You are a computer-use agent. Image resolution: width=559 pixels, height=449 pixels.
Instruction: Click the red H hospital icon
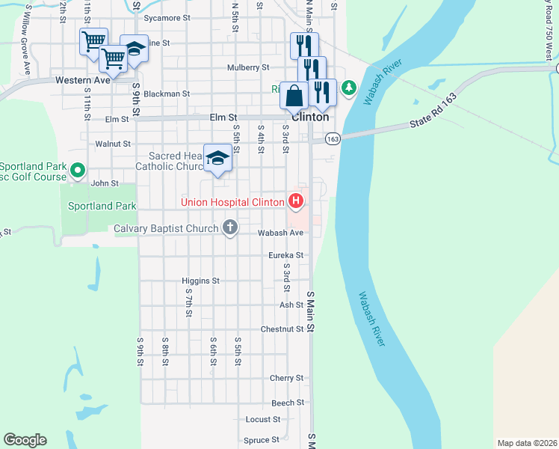coord(296,201)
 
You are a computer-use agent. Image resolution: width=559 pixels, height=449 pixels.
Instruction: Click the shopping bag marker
coord(294,96)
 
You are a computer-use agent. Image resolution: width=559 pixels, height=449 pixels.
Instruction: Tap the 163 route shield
coord(333,139)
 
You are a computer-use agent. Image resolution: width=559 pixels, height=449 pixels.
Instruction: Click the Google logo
coord(25,440)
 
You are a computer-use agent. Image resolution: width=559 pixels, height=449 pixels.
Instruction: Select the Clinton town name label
coord(309,117)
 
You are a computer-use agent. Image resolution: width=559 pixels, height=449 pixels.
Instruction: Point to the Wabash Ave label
coord(280,233)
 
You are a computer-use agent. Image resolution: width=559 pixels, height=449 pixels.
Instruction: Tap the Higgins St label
coord(200,281)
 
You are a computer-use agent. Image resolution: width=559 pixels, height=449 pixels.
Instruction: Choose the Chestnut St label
coord(282,329)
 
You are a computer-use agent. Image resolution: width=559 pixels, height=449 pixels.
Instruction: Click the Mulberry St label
coord(248,67)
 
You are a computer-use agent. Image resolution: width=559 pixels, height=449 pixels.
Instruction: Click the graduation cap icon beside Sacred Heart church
coord(217,158)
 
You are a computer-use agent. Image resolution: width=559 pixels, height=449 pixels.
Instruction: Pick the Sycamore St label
coord(167,16)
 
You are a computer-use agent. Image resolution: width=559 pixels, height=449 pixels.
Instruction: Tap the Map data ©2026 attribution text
coord(527,442)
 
